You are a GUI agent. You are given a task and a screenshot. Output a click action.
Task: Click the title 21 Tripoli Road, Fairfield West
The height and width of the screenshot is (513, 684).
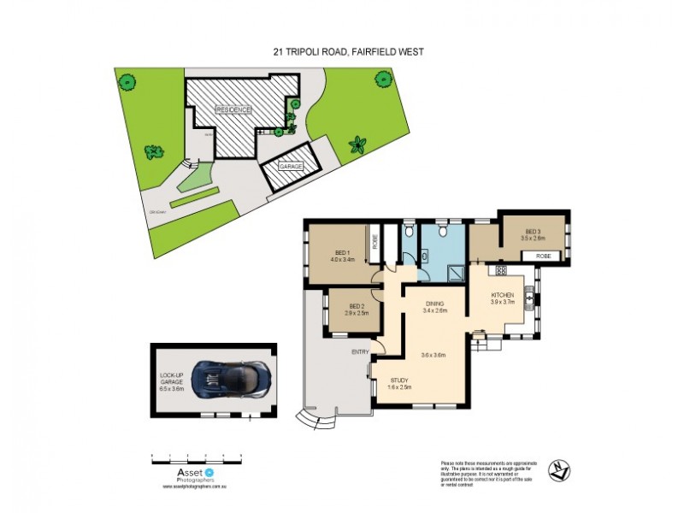pyautogui.click(x=343, y=52)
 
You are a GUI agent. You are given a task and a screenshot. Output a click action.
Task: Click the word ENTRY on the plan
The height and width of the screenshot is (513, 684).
pyautogui.click(x=361, y=351)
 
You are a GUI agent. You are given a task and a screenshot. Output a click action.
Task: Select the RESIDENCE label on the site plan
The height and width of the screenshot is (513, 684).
pyautogui.click(x=233, y=111)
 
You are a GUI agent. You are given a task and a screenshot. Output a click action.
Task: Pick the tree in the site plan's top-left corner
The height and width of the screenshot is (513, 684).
pyautogui.click(x=127, y=83)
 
